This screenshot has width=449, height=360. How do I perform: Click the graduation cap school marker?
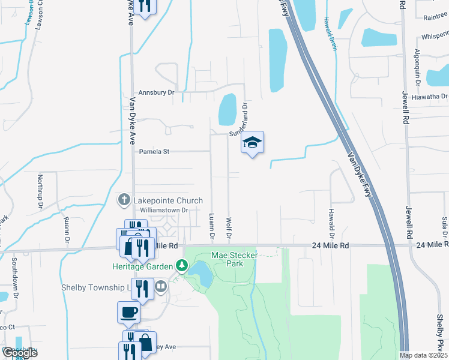[x=253, y=143]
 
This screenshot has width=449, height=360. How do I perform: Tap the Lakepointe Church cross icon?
[x=124, y=200]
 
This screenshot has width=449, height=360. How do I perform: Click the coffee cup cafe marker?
[x=128, y=312]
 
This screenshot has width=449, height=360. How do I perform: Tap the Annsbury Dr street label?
[x=155, y=93]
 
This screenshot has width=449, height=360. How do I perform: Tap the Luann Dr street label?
[x=211, y=226]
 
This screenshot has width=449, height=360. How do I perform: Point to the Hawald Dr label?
[x=331, y=222]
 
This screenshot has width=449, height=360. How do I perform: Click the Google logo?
[x=19, y=353]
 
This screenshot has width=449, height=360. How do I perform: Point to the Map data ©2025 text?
[x=423, y=355]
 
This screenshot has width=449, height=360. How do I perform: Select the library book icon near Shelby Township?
[x=161, y=287]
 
